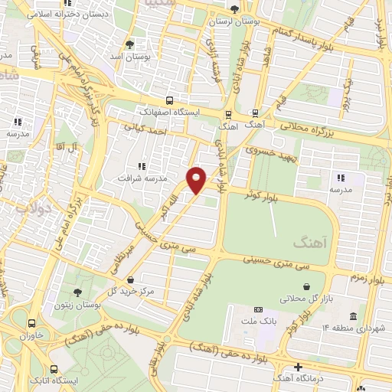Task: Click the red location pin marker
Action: click(197, 179)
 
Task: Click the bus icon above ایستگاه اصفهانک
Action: click(169, 99)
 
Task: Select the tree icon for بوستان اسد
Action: click(129, 44)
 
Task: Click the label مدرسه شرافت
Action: click(140, 178)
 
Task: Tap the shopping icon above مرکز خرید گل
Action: click(133, 279)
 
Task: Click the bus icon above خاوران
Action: click(31, 323)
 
